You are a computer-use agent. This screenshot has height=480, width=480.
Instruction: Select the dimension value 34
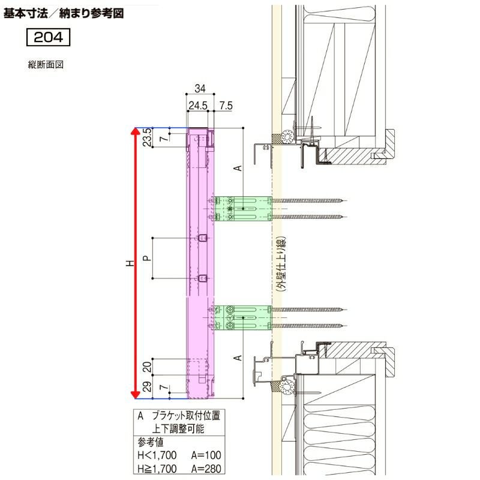click(200, 89)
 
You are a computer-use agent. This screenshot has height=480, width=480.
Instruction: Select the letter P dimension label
click(147, 258)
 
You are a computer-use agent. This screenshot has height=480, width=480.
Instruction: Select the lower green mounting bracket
click(243, 318)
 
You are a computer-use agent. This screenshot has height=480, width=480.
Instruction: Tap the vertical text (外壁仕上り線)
click(280, 264)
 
